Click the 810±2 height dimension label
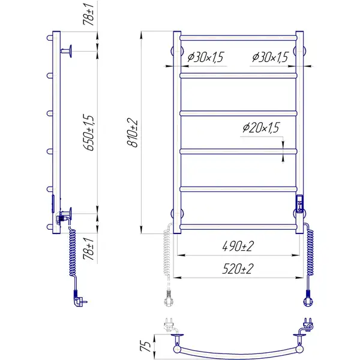[x=133, y=133]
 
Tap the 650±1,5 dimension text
[x=89, y=133]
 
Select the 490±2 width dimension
[x=238, y=246]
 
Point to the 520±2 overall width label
[x=238, y=269]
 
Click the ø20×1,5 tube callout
[x=261, y=128]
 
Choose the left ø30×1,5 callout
[x=205, y=57]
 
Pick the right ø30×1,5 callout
[x=270, y=57]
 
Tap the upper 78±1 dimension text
[x=89, y=15]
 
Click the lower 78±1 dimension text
[x=89, y=249]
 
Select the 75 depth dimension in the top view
[x=145, y=346]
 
